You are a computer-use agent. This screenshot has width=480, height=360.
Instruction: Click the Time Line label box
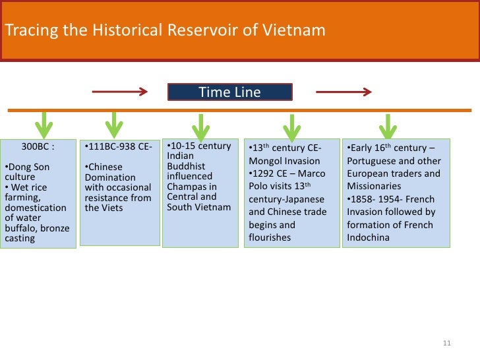[x=229, y=92]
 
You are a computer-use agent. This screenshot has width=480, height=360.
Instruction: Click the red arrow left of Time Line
[x=119, y=92]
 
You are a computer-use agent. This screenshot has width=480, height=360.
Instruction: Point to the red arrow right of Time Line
[x=344, y=92]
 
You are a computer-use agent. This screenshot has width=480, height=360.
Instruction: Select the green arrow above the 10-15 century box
[x=200, y=126]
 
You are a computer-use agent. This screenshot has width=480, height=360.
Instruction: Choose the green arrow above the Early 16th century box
[x=388, y=126]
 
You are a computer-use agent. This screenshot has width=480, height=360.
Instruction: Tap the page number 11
[x=446, y=343]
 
